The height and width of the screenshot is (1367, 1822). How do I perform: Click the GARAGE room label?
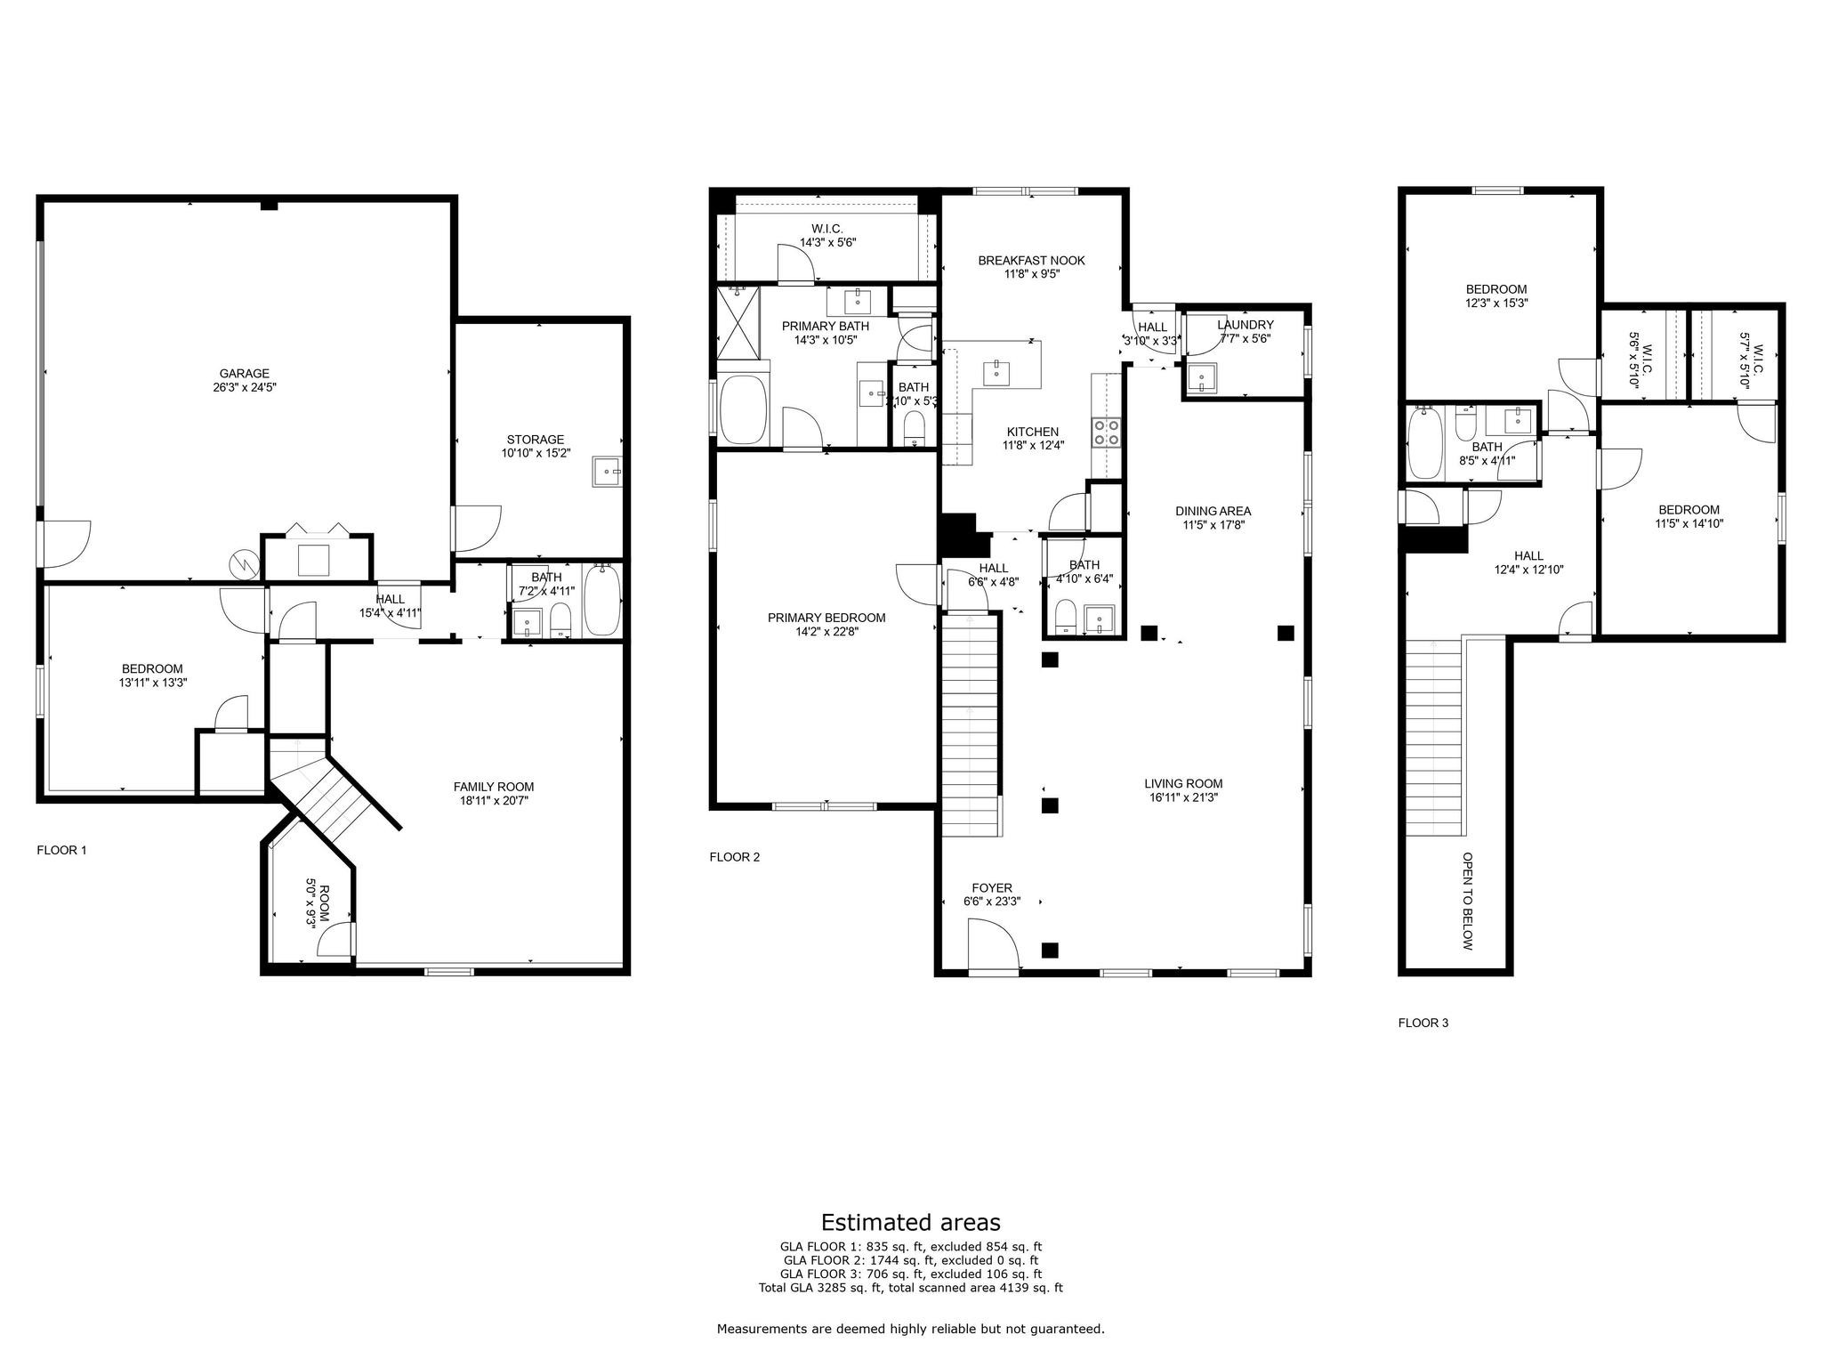coord(244,374)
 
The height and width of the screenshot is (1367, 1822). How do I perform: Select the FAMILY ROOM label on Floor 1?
coord(493,787)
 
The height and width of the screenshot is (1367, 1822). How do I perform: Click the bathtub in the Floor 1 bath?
coord(602,601)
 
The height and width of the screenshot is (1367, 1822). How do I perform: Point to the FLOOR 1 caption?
coord(61,850)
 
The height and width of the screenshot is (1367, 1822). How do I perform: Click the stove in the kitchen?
coord(1107,433)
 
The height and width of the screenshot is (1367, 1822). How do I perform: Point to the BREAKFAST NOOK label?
coord(1031,261)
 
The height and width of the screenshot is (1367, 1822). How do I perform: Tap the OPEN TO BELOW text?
coord(1467,901)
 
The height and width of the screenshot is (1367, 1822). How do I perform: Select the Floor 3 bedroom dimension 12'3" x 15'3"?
coord(1496,303)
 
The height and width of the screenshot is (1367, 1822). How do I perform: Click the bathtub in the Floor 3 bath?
coord(1427,442)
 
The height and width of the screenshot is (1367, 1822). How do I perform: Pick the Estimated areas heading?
coord(910,1222)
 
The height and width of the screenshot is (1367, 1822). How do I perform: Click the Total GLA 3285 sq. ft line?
coord(910,1287)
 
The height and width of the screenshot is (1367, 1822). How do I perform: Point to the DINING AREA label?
coord(1213,511)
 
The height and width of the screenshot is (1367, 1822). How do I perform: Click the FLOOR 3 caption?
coord(1423,1023)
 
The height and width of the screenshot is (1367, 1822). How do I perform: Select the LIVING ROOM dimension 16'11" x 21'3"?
coord(1182,798)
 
